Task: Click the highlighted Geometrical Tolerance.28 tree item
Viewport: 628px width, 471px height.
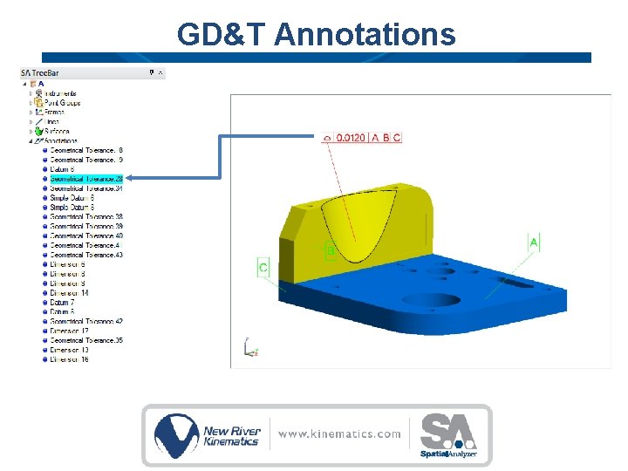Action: coord(85,179)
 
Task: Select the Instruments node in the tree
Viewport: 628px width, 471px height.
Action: coord(60,93)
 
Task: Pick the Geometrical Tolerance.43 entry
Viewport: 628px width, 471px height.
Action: coord(85,255)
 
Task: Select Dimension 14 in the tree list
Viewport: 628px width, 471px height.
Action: coord(69,293)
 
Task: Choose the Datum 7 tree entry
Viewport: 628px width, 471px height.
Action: coord(62,303)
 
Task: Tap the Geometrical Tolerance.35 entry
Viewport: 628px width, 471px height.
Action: coord(85,340)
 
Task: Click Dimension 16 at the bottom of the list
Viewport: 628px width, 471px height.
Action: coord(69,359)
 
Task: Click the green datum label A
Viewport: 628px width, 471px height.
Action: coord(534,241)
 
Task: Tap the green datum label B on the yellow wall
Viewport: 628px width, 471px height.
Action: coord(331,252)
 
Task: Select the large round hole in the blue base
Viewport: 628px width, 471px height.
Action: coord(432,300)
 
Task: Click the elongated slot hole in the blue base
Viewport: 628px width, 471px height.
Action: coord(521,283)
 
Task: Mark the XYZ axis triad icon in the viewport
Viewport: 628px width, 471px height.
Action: coord(249,348)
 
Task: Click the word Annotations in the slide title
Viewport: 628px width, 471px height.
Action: coord(364,35)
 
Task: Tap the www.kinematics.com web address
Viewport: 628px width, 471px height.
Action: coord(340,433)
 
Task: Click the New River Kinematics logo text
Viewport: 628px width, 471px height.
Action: coord(230,435)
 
